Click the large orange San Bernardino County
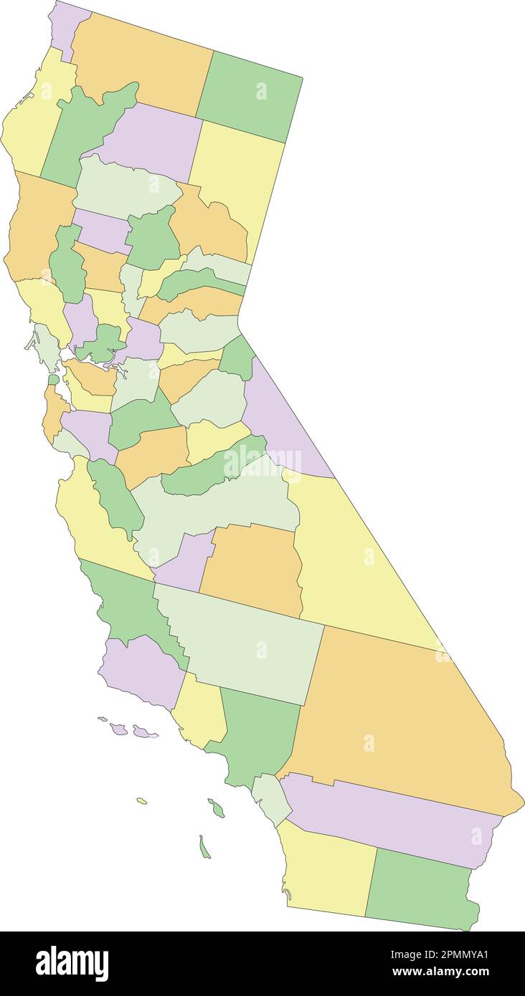coord(402,717)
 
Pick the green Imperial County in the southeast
coord(420,889)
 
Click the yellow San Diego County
coord(326,871)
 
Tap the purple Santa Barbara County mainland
coord(140,670)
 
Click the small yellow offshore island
coord(142,800)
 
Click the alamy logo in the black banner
coord(72,963)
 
